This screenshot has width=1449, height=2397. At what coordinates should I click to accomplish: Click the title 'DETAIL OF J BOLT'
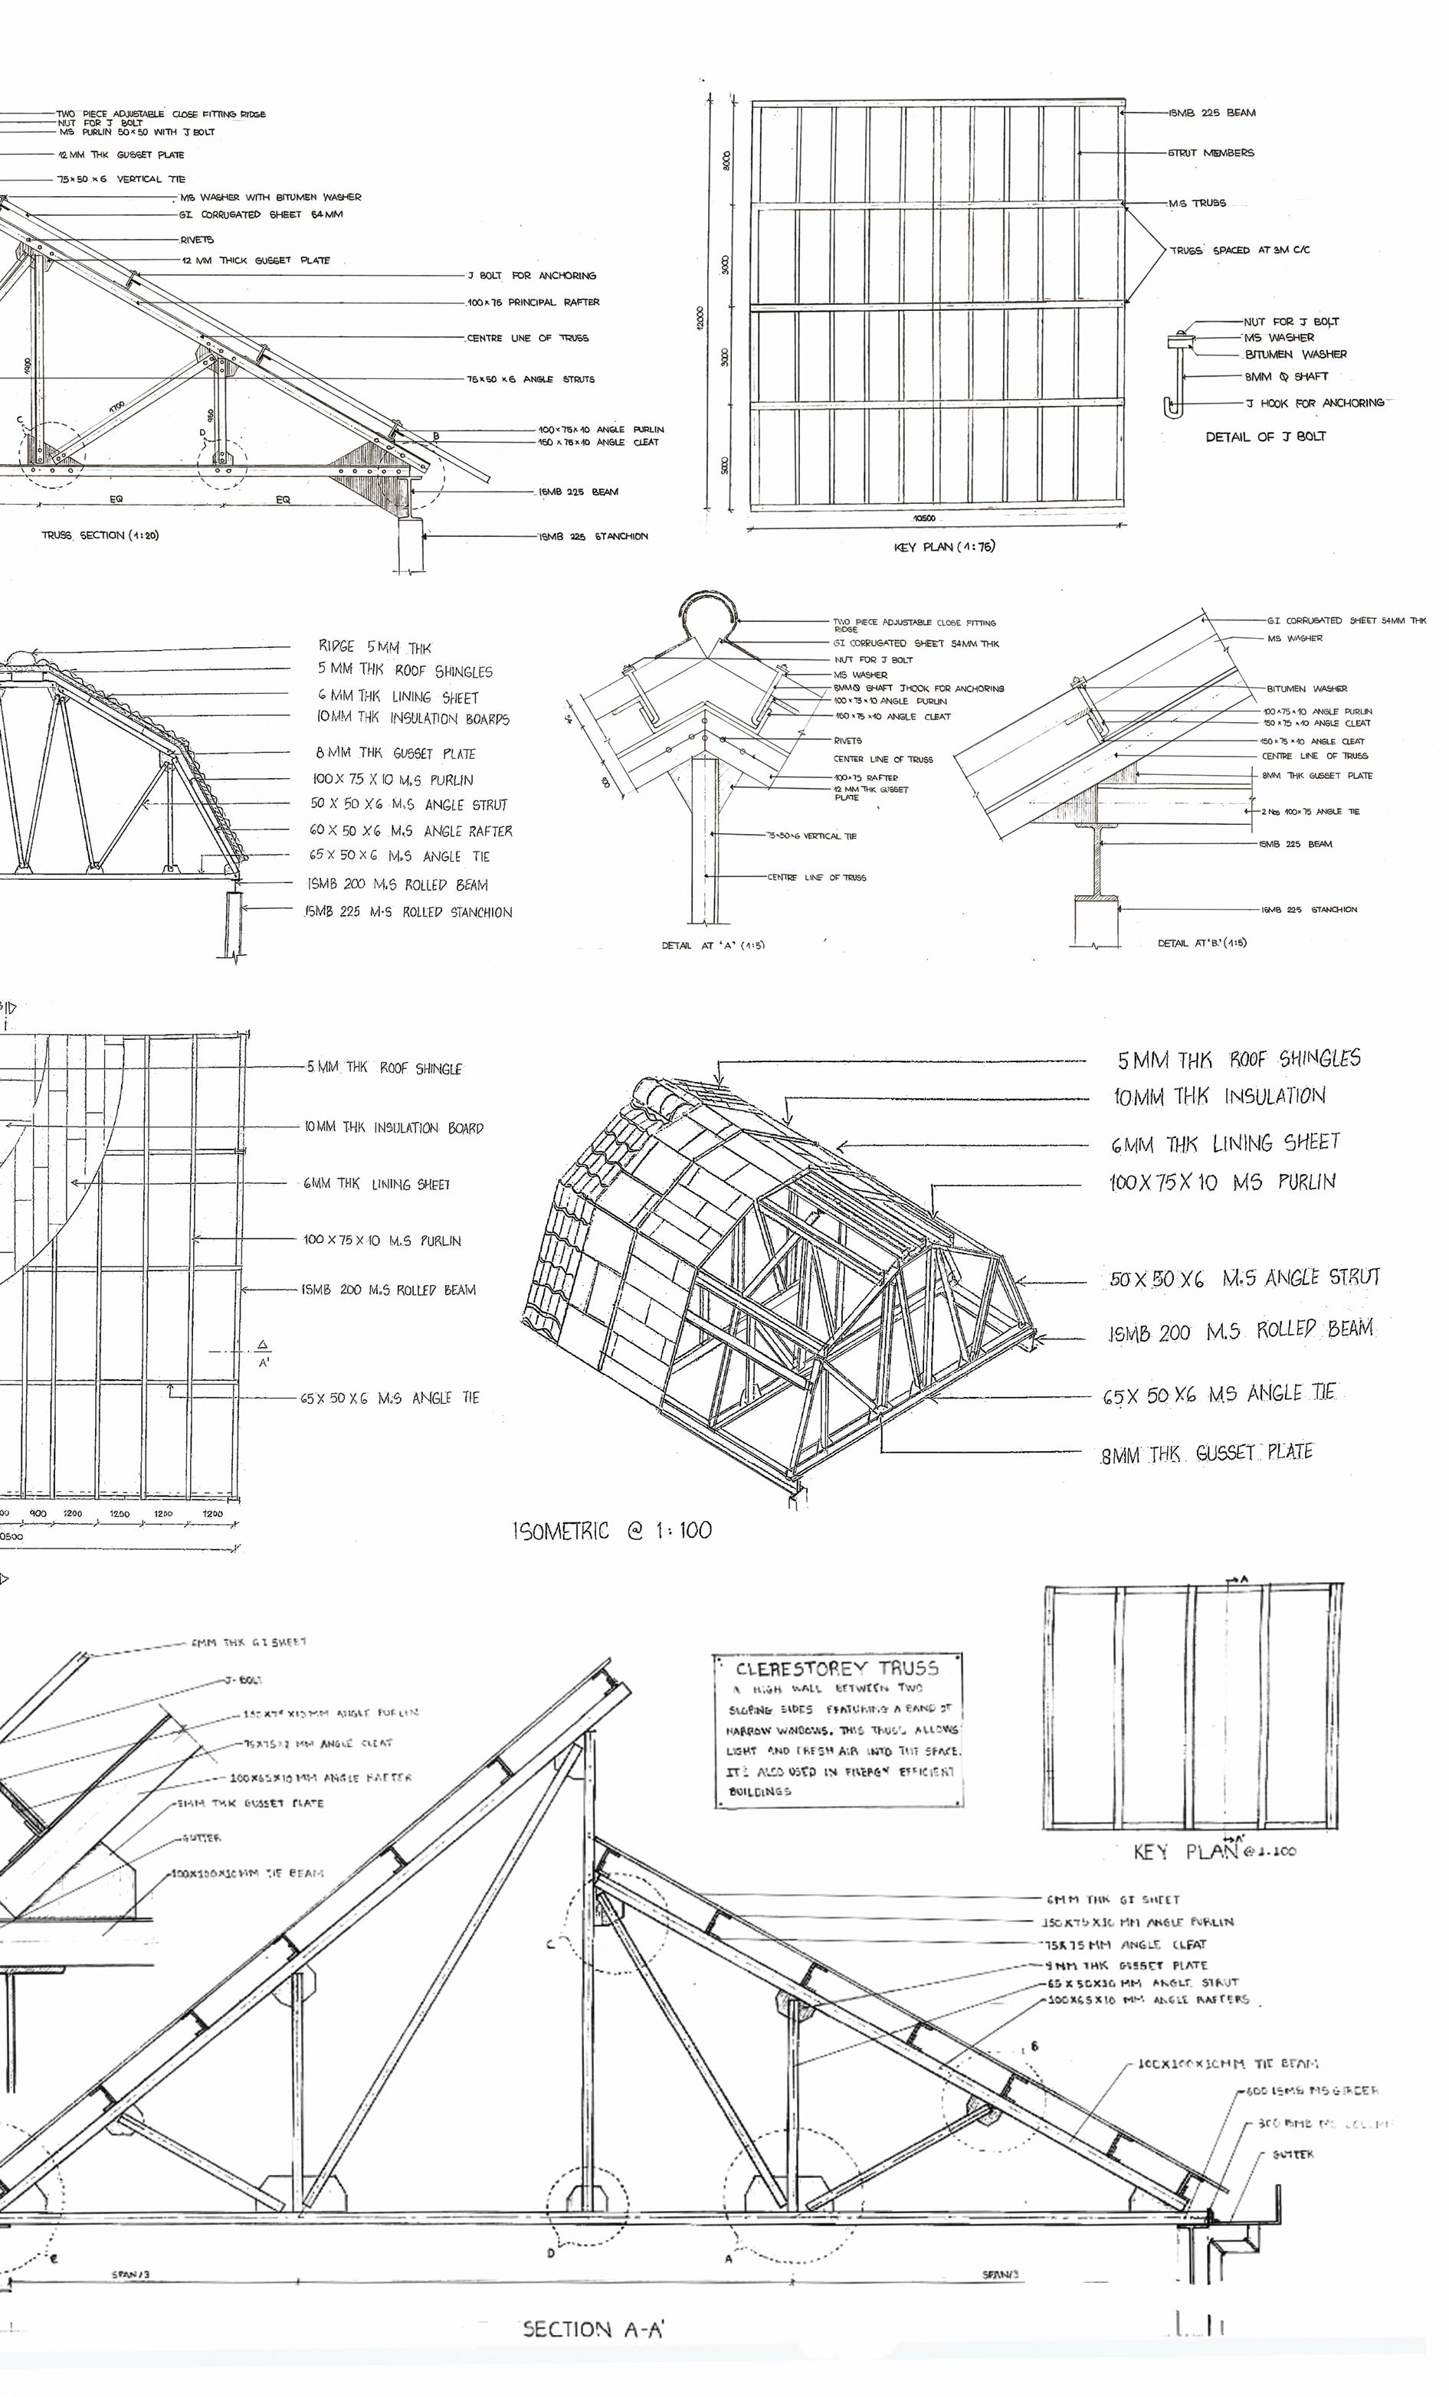(x=1265, y=437)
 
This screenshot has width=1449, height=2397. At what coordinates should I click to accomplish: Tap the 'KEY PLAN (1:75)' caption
(x=944, y=547)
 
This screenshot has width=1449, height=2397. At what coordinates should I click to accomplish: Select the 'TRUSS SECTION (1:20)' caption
(x=100, y=535)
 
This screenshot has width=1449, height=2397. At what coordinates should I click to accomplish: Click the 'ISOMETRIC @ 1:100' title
(x=612, y=1531)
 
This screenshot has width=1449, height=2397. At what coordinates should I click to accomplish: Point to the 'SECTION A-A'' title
(x=594, y=2329)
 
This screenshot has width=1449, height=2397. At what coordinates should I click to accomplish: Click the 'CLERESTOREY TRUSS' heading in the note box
(x=837, y=1669)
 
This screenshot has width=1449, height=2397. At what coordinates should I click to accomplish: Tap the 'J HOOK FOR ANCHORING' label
(x=1313, y=403)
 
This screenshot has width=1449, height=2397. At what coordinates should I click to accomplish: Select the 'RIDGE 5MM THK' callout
(x=375, y=647)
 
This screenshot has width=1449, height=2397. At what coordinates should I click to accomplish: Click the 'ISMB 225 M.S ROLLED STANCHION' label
(x=408, y=913)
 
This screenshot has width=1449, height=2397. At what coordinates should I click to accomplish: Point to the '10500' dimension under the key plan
(x=924, y=518)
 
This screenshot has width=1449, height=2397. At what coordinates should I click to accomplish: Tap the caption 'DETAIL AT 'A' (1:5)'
(x=713, y=944)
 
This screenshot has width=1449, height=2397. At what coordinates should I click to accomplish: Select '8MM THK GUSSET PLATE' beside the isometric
(x=1207, y=1454)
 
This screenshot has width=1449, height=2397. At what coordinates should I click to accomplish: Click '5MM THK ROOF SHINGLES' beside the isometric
(x=1238, y=1059)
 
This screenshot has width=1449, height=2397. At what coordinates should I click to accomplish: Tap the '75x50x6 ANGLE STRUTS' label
(x=530, y=379)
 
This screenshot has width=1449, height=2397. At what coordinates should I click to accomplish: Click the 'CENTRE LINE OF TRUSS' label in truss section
(x=527, y=338)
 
